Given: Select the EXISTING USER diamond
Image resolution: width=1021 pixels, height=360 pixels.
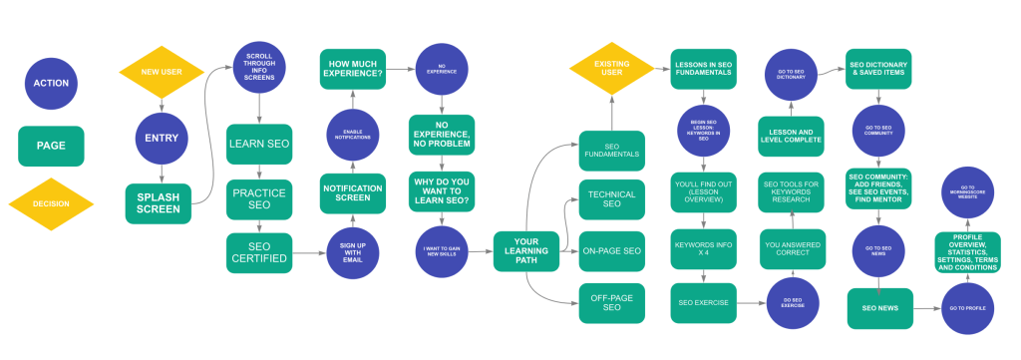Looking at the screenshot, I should point(611,70).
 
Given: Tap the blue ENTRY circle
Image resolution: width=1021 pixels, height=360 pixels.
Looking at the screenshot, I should point(162,139).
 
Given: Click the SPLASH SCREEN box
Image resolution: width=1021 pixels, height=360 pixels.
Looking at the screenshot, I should point(158,203).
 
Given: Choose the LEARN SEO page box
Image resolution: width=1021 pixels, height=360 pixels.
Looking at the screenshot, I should point(258,144).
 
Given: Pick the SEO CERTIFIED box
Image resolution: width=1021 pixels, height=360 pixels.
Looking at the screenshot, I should point(258,253).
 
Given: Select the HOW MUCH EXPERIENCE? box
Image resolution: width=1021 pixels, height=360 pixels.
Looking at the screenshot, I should point(353,68).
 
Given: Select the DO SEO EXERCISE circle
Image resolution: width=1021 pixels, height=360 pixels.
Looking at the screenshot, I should point(792,303).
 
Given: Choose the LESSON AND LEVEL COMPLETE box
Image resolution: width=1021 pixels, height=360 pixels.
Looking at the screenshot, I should point(791,135).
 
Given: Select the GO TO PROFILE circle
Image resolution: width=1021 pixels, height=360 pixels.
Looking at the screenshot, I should point(967,308).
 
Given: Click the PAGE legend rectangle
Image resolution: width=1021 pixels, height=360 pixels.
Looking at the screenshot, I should point(51,146).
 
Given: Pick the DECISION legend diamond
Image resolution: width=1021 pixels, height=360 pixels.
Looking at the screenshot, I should point(51,204).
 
